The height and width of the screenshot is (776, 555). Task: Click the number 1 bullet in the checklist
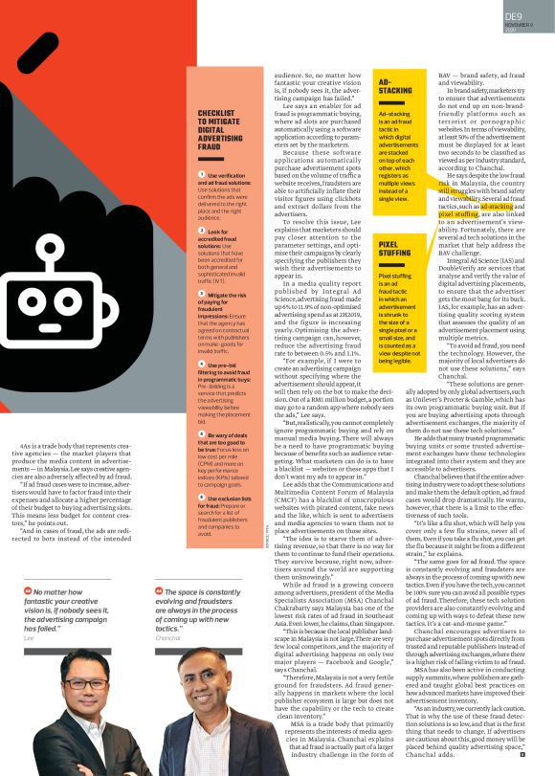coord(203,174)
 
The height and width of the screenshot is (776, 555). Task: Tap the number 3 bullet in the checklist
coord(203,295)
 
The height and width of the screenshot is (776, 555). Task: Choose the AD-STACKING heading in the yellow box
coord(395,86)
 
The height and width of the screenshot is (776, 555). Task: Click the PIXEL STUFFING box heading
coord(395,252)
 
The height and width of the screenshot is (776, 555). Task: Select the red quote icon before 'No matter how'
coord(26,592)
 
